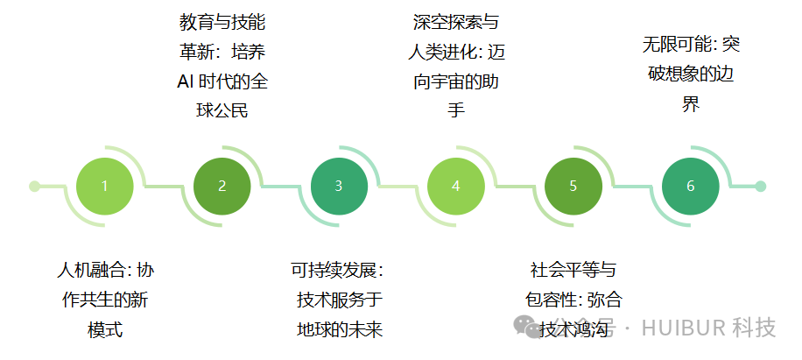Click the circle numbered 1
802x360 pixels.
coord(104,186)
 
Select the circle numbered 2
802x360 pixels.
coord(222,186)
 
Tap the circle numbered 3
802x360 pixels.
coord(339,186)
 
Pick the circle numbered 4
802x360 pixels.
coord(455,186)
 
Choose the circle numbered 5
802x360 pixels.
coord(573,186)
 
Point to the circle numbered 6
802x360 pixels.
coord(691,186)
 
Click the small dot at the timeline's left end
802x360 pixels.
coord(35,186)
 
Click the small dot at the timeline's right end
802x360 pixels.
coord(760,186)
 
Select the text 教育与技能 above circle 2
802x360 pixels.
coord(222,21)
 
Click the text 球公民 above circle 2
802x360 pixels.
coord(222,111)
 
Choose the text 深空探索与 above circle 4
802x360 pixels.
coord(455,21)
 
